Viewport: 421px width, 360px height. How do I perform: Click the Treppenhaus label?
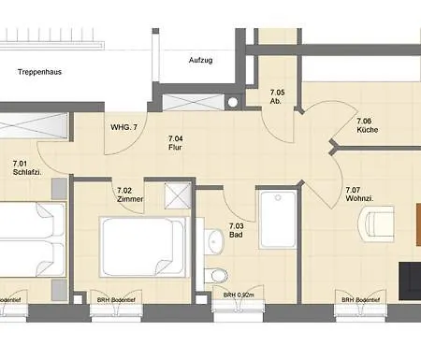pyautogui.click(x=37, y=70)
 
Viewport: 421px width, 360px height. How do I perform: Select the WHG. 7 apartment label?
pyautogui.click(x=123, y=126)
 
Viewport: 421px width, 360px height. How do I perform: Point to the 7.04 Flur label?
pyautogui.click(x=174, y=143)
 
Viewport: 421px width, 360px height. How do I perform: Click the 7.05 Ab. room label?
pyautogui.click(x=277, y=97)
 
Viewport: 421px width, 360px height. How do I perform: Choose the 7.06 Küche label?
pyautogui.click(x=365, y=127)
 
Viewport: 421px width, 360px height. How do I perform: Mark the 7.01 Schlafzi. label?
pyautogui.click(x=24, y=168)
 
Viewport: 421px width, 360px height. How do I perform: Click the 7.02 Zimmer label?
pyautogui.click(x=130, y=194)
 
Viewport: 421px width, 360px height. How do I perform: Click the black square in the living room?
pyautogui.click(x=409, y=277)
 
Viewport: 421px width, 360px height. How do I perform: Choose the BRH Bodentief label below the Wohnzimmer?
pyautogui.click(x=361, y=300)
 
